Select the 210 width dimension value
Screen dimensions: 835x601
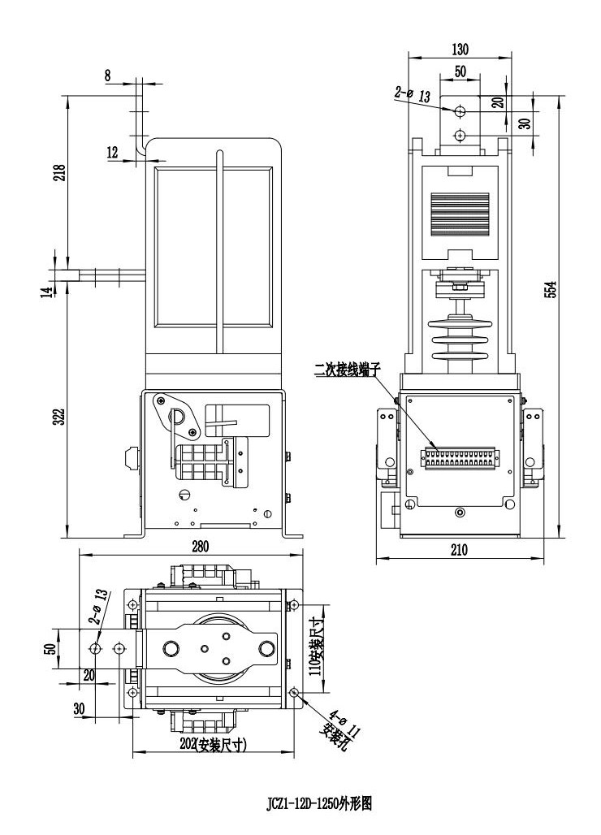[459, 550]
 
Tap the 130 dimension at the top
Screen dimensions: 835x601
[459, 49]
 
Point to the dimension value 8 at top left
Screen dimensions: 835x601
[108, 75]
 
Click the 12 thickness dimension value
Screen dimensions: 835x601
[112, 151]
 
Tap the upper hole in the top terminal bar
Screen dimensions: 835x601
[459, 110]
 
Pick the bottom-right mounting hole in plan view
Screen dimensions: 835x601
[293, 692]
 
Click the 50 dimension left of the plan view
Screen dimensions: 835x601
[49, 648]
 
